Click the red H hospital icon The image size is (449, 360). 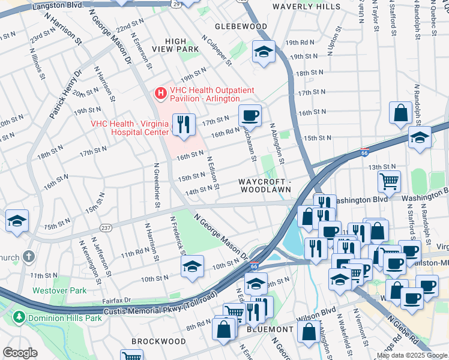pos(160,94)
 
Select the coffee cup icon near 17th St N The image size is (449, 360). pos(250,115)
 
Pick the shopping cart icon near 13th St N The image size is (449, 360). pos(389,179)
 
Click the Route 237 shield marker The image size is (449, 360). pos(106,228)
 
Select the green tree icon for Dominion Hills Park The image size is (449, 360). pos(19,316)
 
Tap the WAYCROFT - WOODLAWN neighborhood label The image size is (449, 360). pos(265,185)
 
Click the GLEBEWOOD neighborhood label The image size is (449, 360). pos(241,26)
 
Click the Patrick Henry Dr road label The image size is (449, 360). pos(65,95)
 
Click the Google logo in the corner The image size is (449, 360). pos(20,353)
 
